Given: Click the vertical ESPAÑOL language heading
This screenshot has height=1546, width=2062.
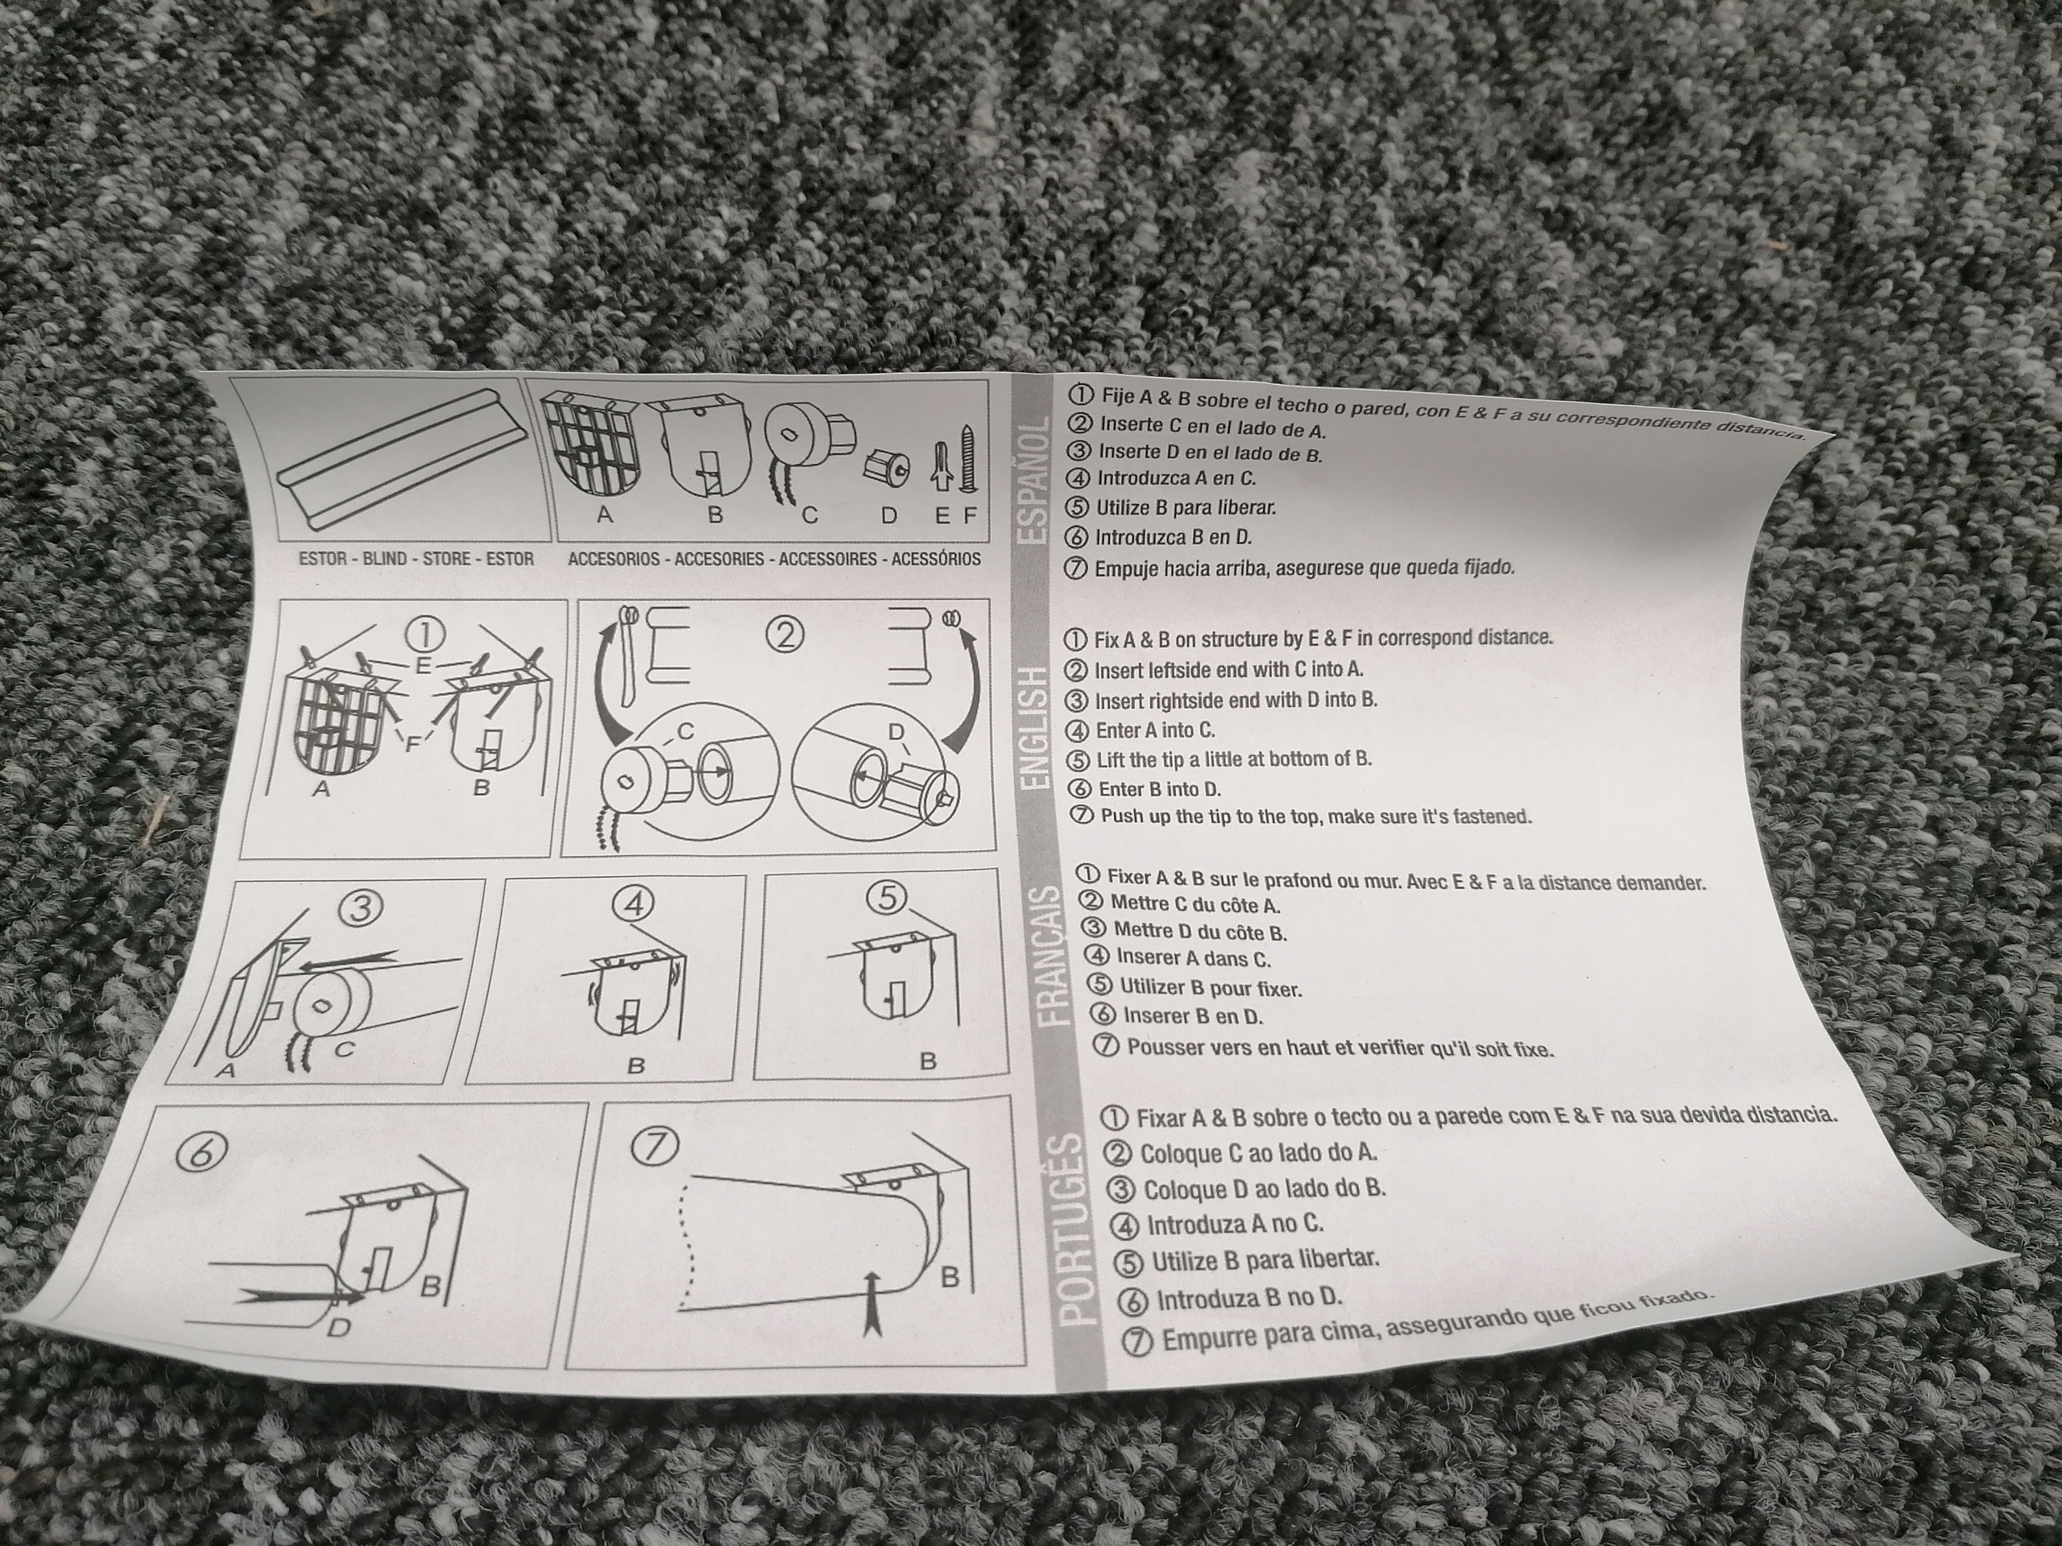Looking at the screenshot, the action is [1033, 481].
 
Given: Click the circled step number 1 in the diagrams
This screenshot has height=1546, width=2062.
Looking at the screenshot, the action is [424, 635].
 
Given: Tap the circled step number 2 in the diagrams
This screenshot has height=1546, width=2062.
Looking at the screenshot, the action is [783, 635].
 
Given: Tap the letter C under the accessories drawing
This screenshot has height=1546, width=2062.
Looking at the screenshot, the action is [809, 515].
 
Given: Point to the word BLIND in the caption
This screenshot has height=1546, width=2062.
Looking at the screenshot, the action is [384, 559].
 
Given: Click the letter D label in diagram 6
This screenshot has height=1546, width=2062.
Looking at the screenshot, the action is [337, 1327].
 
